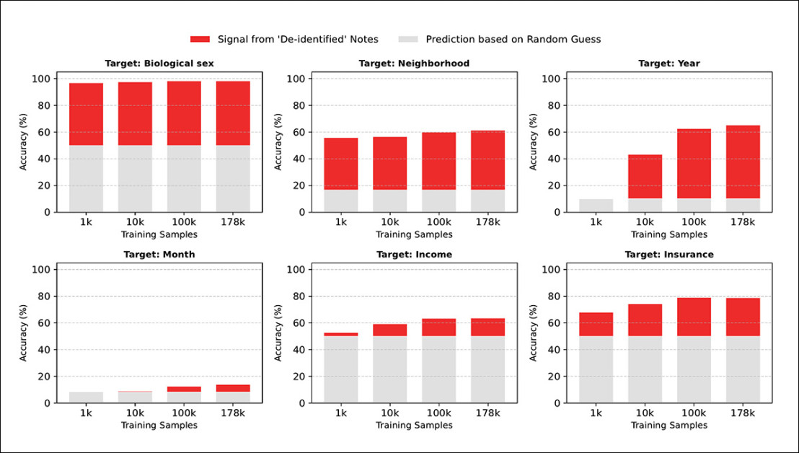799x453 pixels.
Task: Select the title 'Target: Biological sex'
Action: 159,63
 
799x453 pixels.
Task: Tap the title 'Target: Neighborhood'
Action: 414,63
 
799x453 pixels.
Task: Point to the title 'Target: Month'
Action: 159,255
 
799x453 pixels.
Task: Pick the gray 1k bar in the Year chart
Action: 596,206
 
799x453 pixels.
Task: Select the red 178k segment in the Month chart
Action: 233,388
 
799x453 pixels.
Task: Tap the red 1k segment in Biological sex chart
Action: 86,114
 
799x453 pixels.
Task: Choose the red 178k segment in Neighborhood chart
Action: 487,160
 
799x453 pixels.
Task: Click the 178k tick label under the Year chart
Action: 743,223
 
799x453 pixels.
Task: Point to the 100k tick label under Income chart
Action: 438,414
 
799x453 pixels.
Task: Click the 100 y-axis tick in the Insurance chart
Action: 552,270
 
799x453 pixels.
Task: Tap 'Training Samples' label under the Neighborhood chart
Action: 414,234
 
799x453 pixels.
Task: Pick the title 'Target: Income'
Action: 414,255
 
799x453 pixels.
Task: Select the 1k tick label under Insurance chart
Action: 596,414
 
